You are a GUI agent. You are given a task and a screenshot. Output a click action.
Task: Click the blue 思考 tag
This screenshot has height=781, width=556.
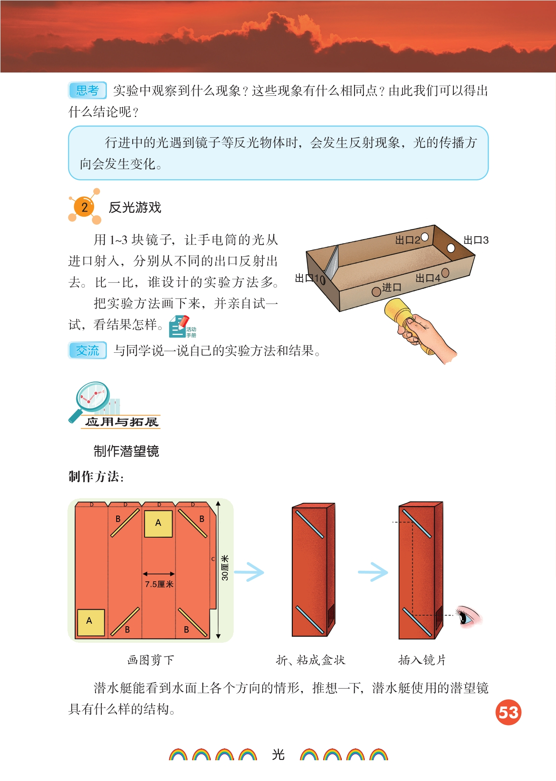pyautogui.click(x=87, y=90)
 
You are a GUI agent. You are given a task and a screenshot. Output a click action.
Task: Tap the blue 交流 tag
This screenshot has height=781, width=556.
pyautogui.click(x=87, y=351)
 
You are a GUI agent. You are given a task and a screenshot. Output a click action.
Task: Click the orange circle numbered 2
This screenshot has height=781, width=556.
pyautogui.click(x=84, y=207)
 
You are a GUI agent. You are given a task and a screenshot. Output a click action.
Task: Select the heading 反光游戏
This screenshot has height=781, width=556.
pyautogui.click(x=135, y=207)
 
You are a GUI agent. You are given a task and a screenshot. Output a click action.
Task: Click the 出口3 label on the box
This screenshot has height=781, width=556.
pyautogui.click(x=476, y=240)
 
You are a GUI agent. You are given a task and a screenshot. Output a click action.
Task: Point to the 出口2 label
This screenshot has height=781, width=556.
pyautogui.click(x=408, y=240)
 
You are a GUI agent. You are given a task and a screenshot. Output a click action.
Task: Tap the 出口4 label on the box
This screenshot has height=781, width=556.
pyautogui.click(x=427, y=278)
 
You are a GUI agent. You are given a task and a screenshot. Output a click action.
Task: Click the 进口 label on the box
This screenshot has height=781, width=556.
pyautogui.click(x=391, y=287)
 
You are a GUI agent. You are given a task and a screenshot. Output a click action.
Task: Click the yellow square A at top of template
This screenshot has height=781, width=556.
pyautogui.click(x=158, y=524)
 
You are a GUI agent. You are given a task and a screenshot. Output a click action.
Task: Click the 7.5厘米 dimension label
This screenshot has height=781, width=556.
pyautogui.click(x=159, y=584)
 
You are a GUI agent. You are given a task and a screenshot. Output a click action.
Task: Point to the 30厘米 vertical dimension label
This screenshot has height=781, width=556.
pyautogui.click(x=225, y=568)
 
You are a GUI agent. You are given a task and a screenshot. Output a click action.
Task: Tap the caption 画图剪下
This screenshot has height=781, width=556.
pyautogui.click(x=151, y=660)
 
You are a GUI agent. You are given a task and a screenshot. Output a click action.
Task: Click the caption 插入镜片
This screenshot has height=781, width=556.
pyautogui.click(x=422, y=660)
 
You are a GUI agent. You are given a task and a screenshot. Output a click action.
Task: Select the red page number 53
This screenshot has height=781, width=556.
pyautogui.click(x=508, y=712)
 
